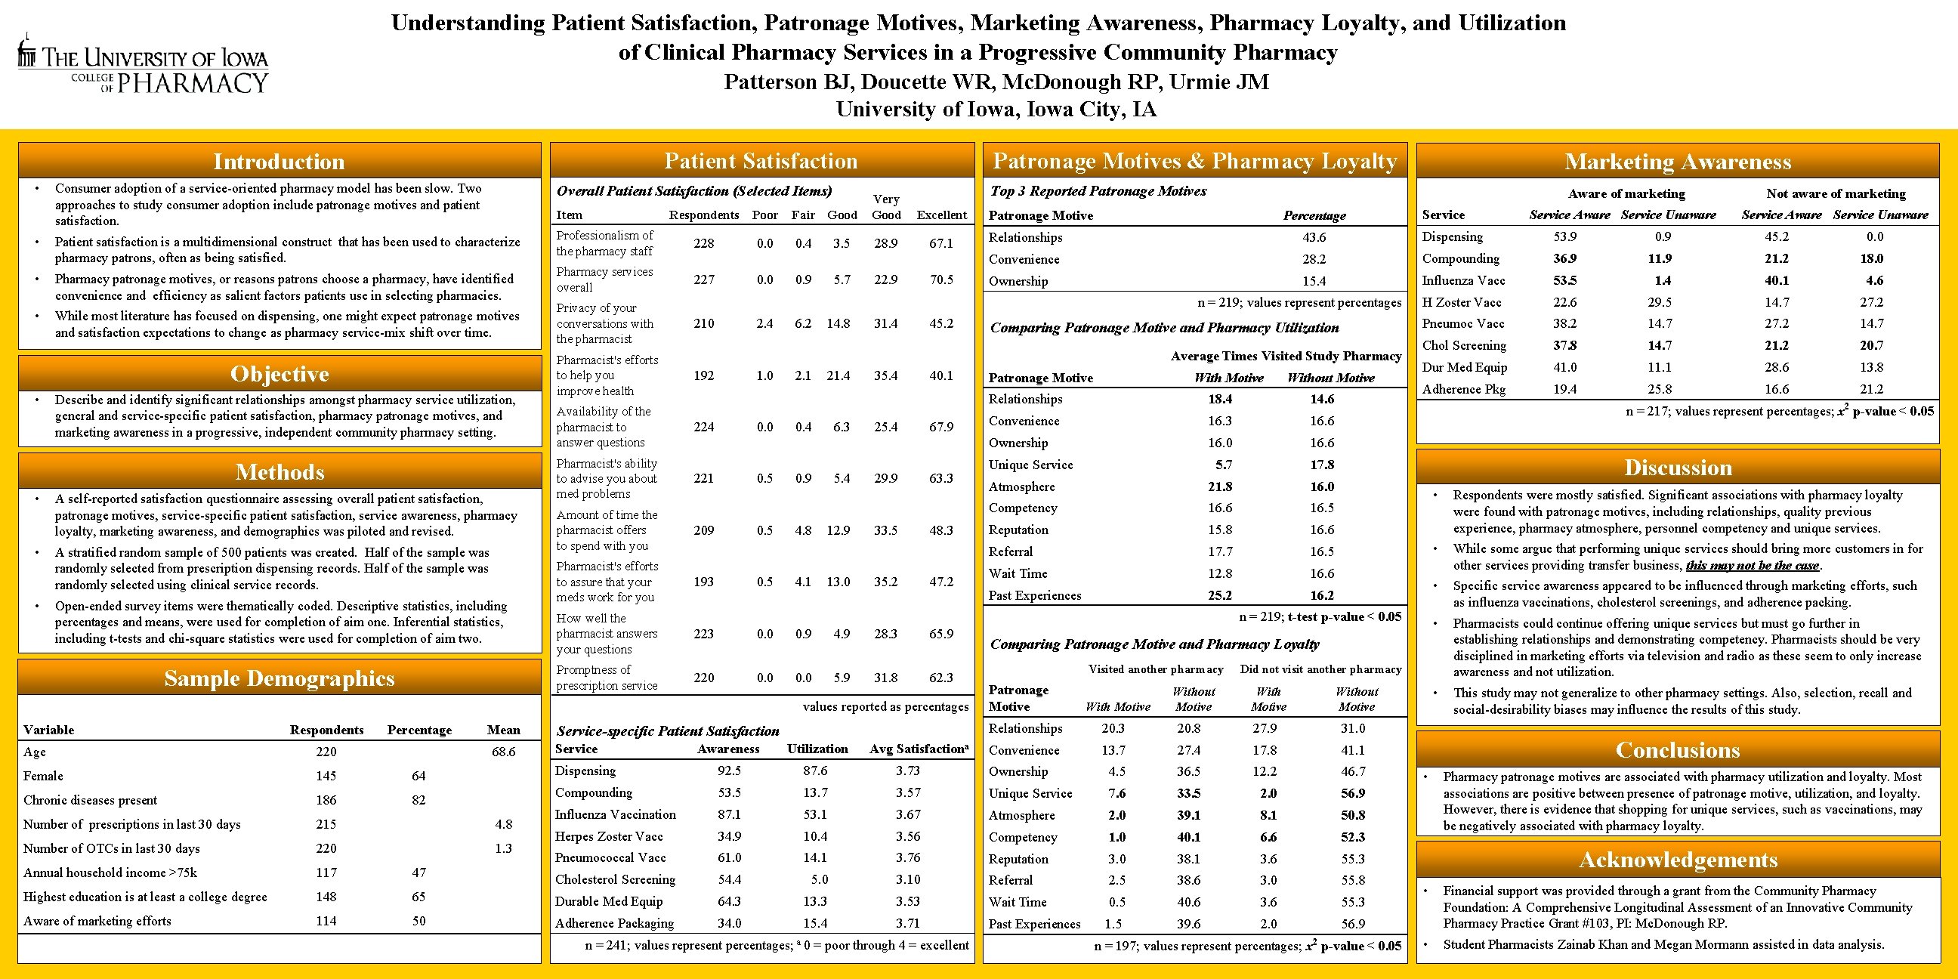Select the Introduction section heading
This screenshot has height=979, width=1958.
point(279,161)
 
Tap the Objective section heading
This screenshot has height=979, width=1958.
point(279,373)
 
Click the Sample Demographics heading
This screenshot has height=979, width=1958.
point(279,678)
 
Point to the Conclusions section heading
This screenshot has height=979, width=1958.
point(1678,749)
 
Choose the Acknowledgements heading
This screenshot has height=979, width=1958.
point(1678,859)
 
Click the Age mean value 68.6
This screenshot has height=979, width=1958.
point(503,752)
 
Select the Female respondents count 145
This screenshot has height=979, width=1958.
point(326,776)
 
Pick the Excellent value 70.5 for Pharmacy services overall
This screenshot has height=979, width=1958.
point(941,279)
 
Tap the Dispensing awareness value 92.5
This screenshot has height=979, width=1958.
point(729,771)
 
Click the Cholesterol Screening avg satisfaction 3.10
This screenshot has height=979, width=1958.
point(907,879)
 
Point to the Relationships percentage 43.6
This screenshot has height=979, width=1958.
point(1314,237)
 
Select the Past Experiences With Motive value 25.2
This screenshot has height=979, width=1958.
point(1220,595)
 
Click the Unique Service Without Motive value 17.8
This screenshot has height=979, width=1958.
point(1322,465)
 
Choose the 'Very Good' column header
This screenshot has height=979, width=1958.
point(886,207)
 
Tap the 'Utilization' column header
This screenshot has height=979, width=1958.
point(817,749)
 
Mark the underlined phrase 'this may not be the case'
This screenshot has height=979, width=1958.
point(1752,566)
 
